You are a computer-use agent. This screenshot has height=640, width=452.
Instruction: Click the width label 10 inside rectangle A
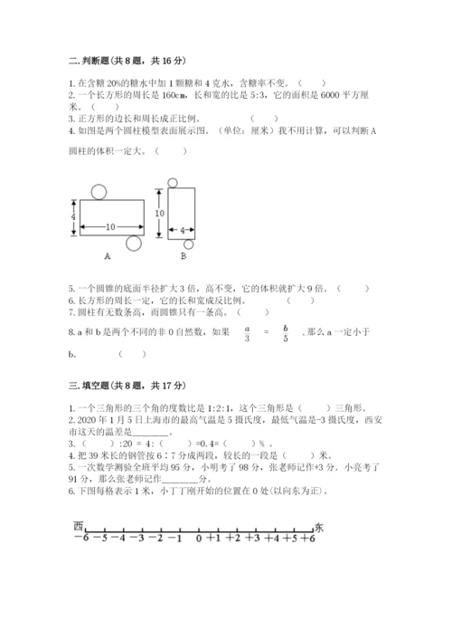pyautogui.click(x=109, y=226)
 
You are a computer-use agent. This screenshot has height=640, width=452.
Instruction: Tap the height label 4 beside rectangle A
pyautogui.click(x=73, y=217)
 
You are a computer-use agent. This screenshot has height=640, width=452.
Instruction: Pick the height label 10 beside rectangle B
pyautogui.click(x=159, y=213)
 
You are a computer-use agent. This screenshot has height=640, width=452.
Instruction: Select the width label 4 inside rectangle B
pyautogui.click(x=181, y=232)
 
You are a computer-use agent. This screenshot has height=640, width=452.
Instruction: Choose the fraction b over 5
pyautogui.click(x=285, y=333)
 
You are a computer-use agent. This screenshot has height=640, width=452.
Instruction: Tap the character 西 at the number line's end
pyautogui.click(x=80, y=525)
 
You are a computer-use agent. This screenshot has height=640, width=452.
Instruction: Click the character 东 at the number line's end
pyautogui.click(x=318, y=525)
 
